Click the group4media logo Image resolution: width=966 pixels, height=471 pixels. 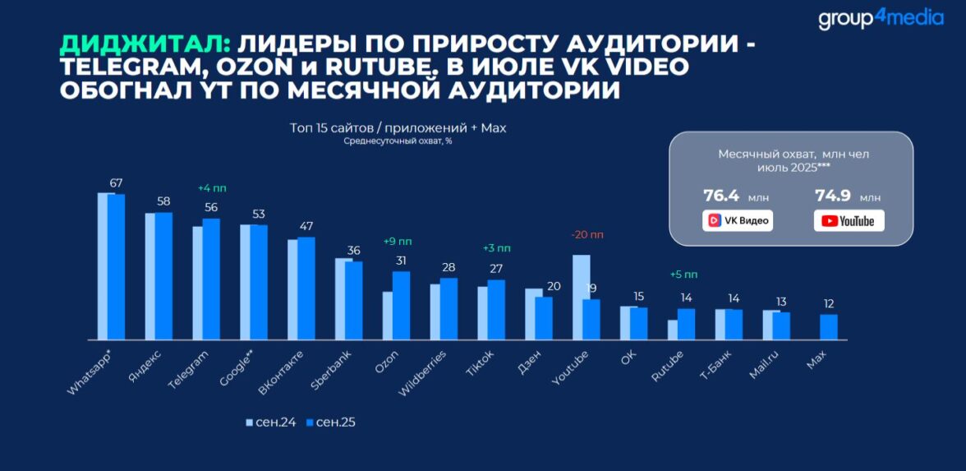881,18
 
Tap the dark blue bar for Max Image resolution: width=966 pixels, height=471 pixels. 829,327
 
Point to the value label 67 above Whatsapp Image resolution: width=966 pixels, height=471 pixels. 116,182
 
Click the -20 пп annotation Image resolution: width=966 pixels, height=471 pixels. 586,234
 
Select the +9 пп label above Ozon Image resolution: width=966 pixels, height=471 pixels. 398,242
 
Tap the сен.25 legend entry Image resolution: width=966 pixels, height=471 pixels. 330,423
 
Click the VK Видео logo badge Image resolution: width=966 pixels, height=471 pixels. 737,220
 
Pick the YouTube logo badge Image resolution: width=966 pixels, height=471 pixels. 849,220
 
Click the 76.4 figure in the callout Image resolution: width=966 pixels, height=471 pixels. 721,196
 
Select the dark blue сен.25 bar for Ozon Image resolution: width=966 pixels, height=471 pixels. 401,305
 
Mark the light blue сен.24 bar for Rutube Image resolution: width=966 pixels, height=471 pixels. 673,330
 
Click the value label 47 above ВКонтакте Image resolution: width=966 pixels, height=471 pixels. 306,226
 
